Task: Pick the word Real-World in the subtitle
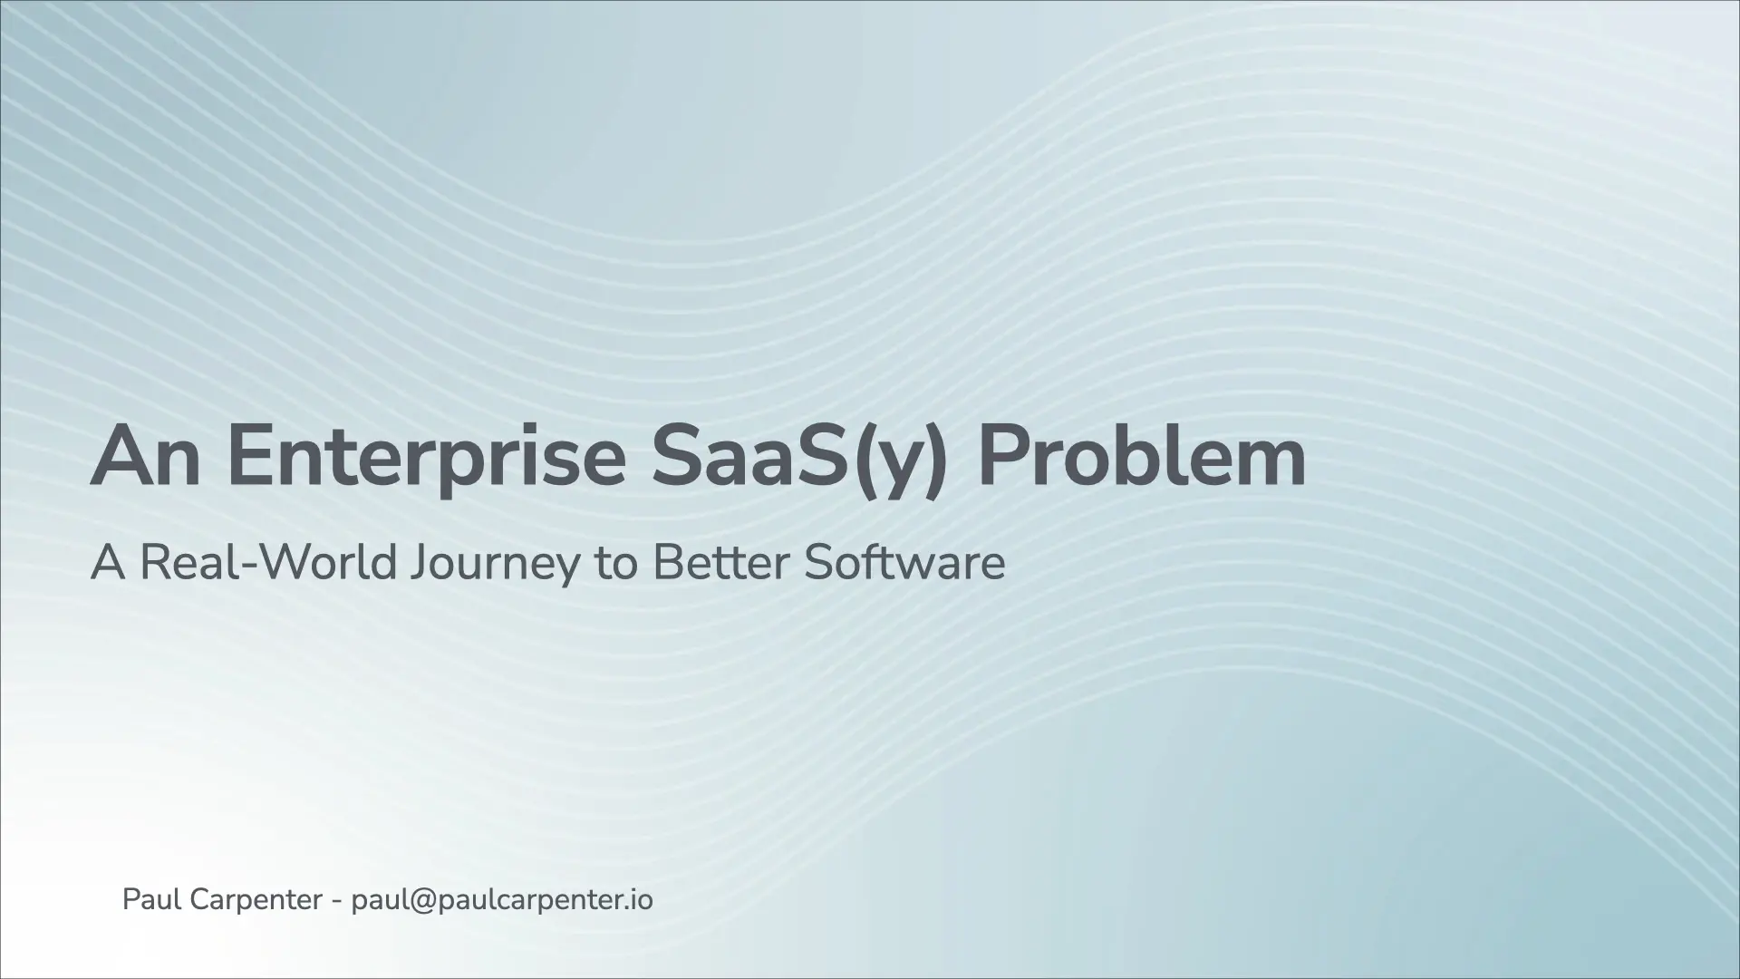(x=268, y=562)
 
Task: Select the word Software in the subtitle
(x=904, y=562)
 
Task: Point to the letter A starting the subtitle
(x=108, y=563)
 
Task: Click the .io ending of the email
(x=640, y=901)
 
